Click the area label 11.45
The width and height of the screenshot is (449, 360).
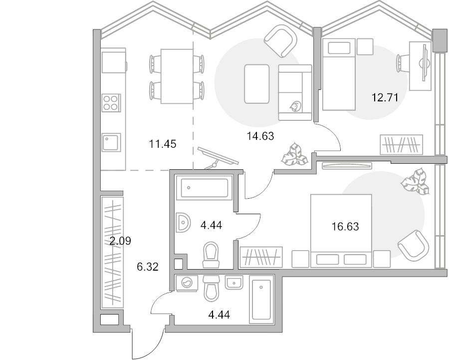[163, 145]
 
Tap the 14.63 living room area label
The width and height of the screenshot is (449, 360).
[261, 135]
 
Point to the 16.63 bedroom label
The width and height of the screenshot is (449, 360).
[345, 227]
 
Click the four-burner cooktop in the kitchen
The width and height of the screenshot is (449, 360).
[111, 102]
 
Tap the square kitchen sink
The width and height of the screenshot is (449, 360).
[111, 142]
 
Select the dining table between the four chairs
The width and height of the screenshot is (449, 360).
[177, 76]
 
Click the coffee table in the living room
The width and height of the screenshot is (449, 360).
[257, 83]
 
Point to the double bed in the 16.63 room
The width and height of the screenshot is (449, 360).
[341, 230]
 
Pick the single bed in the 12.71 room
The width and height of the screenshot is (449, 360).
[338, 75]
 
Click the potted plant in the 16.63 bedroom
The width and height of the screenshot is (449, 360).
[415, 182]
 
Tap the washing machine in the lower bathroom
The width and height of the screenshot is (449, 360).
[187, 283]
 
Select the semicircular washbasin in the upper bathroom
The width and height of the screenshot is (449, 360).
[183, 222]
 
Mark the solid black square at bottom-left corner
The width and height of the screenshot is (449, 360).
[108, 319]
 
